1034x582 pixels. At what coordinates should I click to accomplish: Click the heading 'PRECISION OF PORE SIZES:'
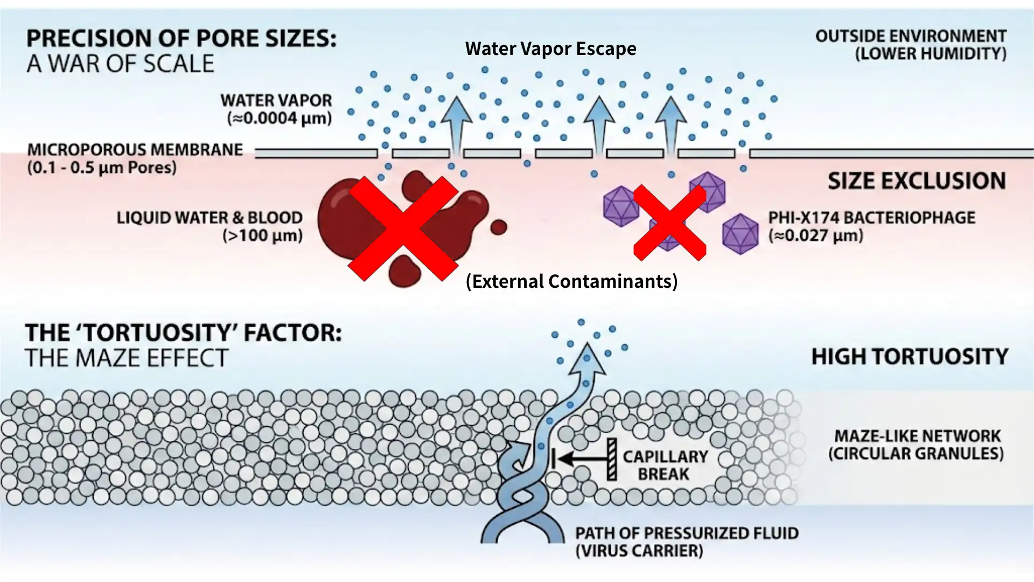pos(181,39)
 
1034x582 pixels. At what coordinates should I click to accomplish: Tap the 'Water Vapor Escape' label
pos(550,49)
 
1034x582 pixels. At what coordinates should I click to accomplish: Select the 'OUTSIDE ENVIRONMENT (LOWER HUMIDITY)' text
pos(911,45)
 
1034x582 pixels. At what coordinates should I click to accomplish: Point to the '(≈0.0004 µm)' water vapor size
pos(280,118)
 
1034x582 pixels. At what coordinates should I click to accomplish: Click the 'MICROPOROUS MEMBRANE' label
pos(135,150)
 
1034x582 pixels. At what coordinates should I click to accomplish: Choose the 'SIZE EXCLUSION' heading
pos(917,181)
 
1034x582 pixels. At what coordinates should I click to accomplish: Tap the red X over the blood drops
pos(403,228)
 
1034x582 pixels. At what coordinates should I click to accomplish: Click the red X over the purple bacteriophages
pos(669,223)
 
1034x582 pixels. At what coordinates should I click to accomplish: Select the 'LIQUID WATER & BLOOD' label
pos(209,218)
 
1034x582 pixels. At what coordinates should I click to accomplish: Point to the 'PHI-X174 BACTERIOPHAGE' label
pos(871,218)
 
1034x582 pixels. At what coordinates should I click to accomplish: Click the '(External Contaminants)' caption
pos(571,281)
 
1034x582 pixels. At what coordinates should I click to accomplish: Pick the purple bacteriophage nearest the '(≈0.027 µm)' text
pos(740,234)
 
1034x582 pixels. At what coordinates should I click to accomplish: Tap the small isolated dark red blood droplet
pos(499,227)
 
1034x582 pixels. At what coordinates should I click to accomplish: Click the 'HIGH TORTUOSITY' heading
pos(910,357)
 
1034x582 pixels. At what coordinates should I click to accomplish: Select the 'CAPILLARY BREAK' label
pos(665,465)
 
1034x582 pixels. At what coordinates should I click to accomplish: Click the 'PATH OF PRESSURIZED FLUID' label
pos(687,533)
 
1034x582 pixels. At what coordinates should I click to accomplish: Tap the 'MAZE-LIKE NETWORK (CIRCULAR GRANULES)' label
pos(917,445)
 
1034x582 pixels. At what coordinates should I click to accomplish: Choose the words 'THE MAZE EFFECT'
pos(127,358)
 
